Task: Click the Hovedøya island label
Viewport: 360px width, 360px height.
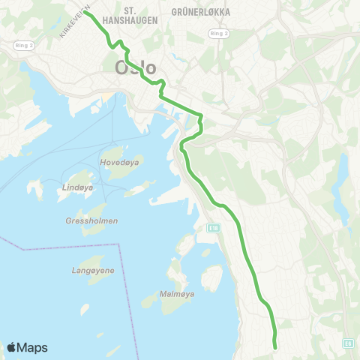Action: [x=115, y=161]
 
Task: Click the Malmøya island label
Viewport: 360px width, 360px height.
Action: [x=178, y=294]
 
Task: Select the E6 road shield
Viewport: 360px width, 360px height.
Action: [x=349, y=342]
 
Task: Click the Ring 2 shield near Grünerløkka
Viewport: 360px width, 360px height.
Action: [x=218, y=34]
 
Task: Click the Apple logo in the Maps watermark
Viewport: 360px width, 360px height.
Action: [x=12, y=347]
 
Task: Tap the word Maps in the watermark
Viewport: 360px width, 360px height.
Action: [x=33, y=348]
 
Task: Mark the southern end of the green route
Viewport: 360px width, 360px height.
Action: [x=275, y=346]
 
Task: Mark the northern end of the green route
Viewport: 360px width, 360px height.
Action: [x=84, y=12]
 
